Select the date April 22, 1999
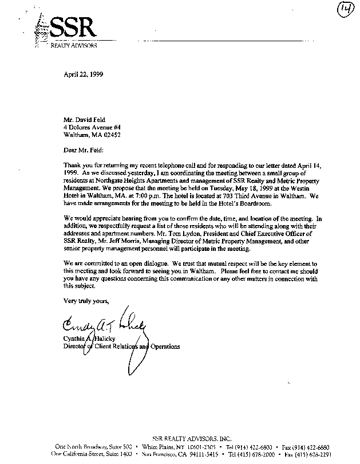[83, 74]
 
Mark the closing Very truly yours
[86, 301]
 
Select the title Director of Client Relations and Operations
[121, 347]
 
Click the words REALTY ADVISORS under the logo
[74, 45]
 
